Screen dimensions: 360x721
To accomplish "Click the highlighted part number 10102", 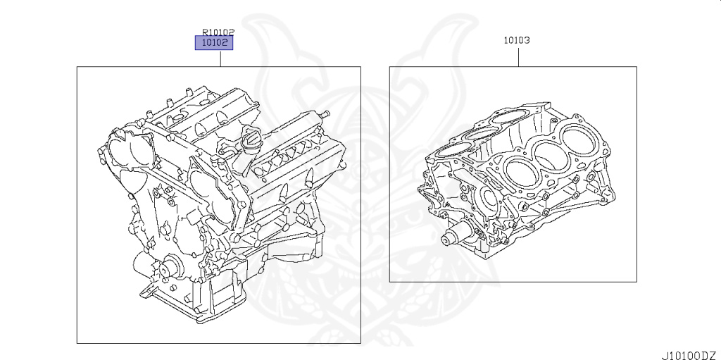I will [213, 43].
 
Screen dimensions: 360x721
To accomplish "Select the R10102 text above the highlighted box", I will [218, 32].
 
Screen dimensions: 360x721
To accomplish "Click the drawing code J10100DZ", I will [689, 354].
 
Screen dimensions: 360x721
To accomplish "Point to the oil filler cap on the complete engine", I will [249, 144].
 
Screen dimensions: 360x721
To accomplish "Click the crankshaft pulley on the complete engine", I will [168, 271].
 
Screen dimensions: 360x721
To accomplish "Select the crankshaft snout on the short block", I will [451, 239].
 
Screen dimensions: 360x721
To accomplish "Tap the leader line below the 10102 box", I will [220, 58].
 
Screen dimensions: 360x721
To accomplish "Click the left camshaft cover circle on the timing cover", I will [120, 151].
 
